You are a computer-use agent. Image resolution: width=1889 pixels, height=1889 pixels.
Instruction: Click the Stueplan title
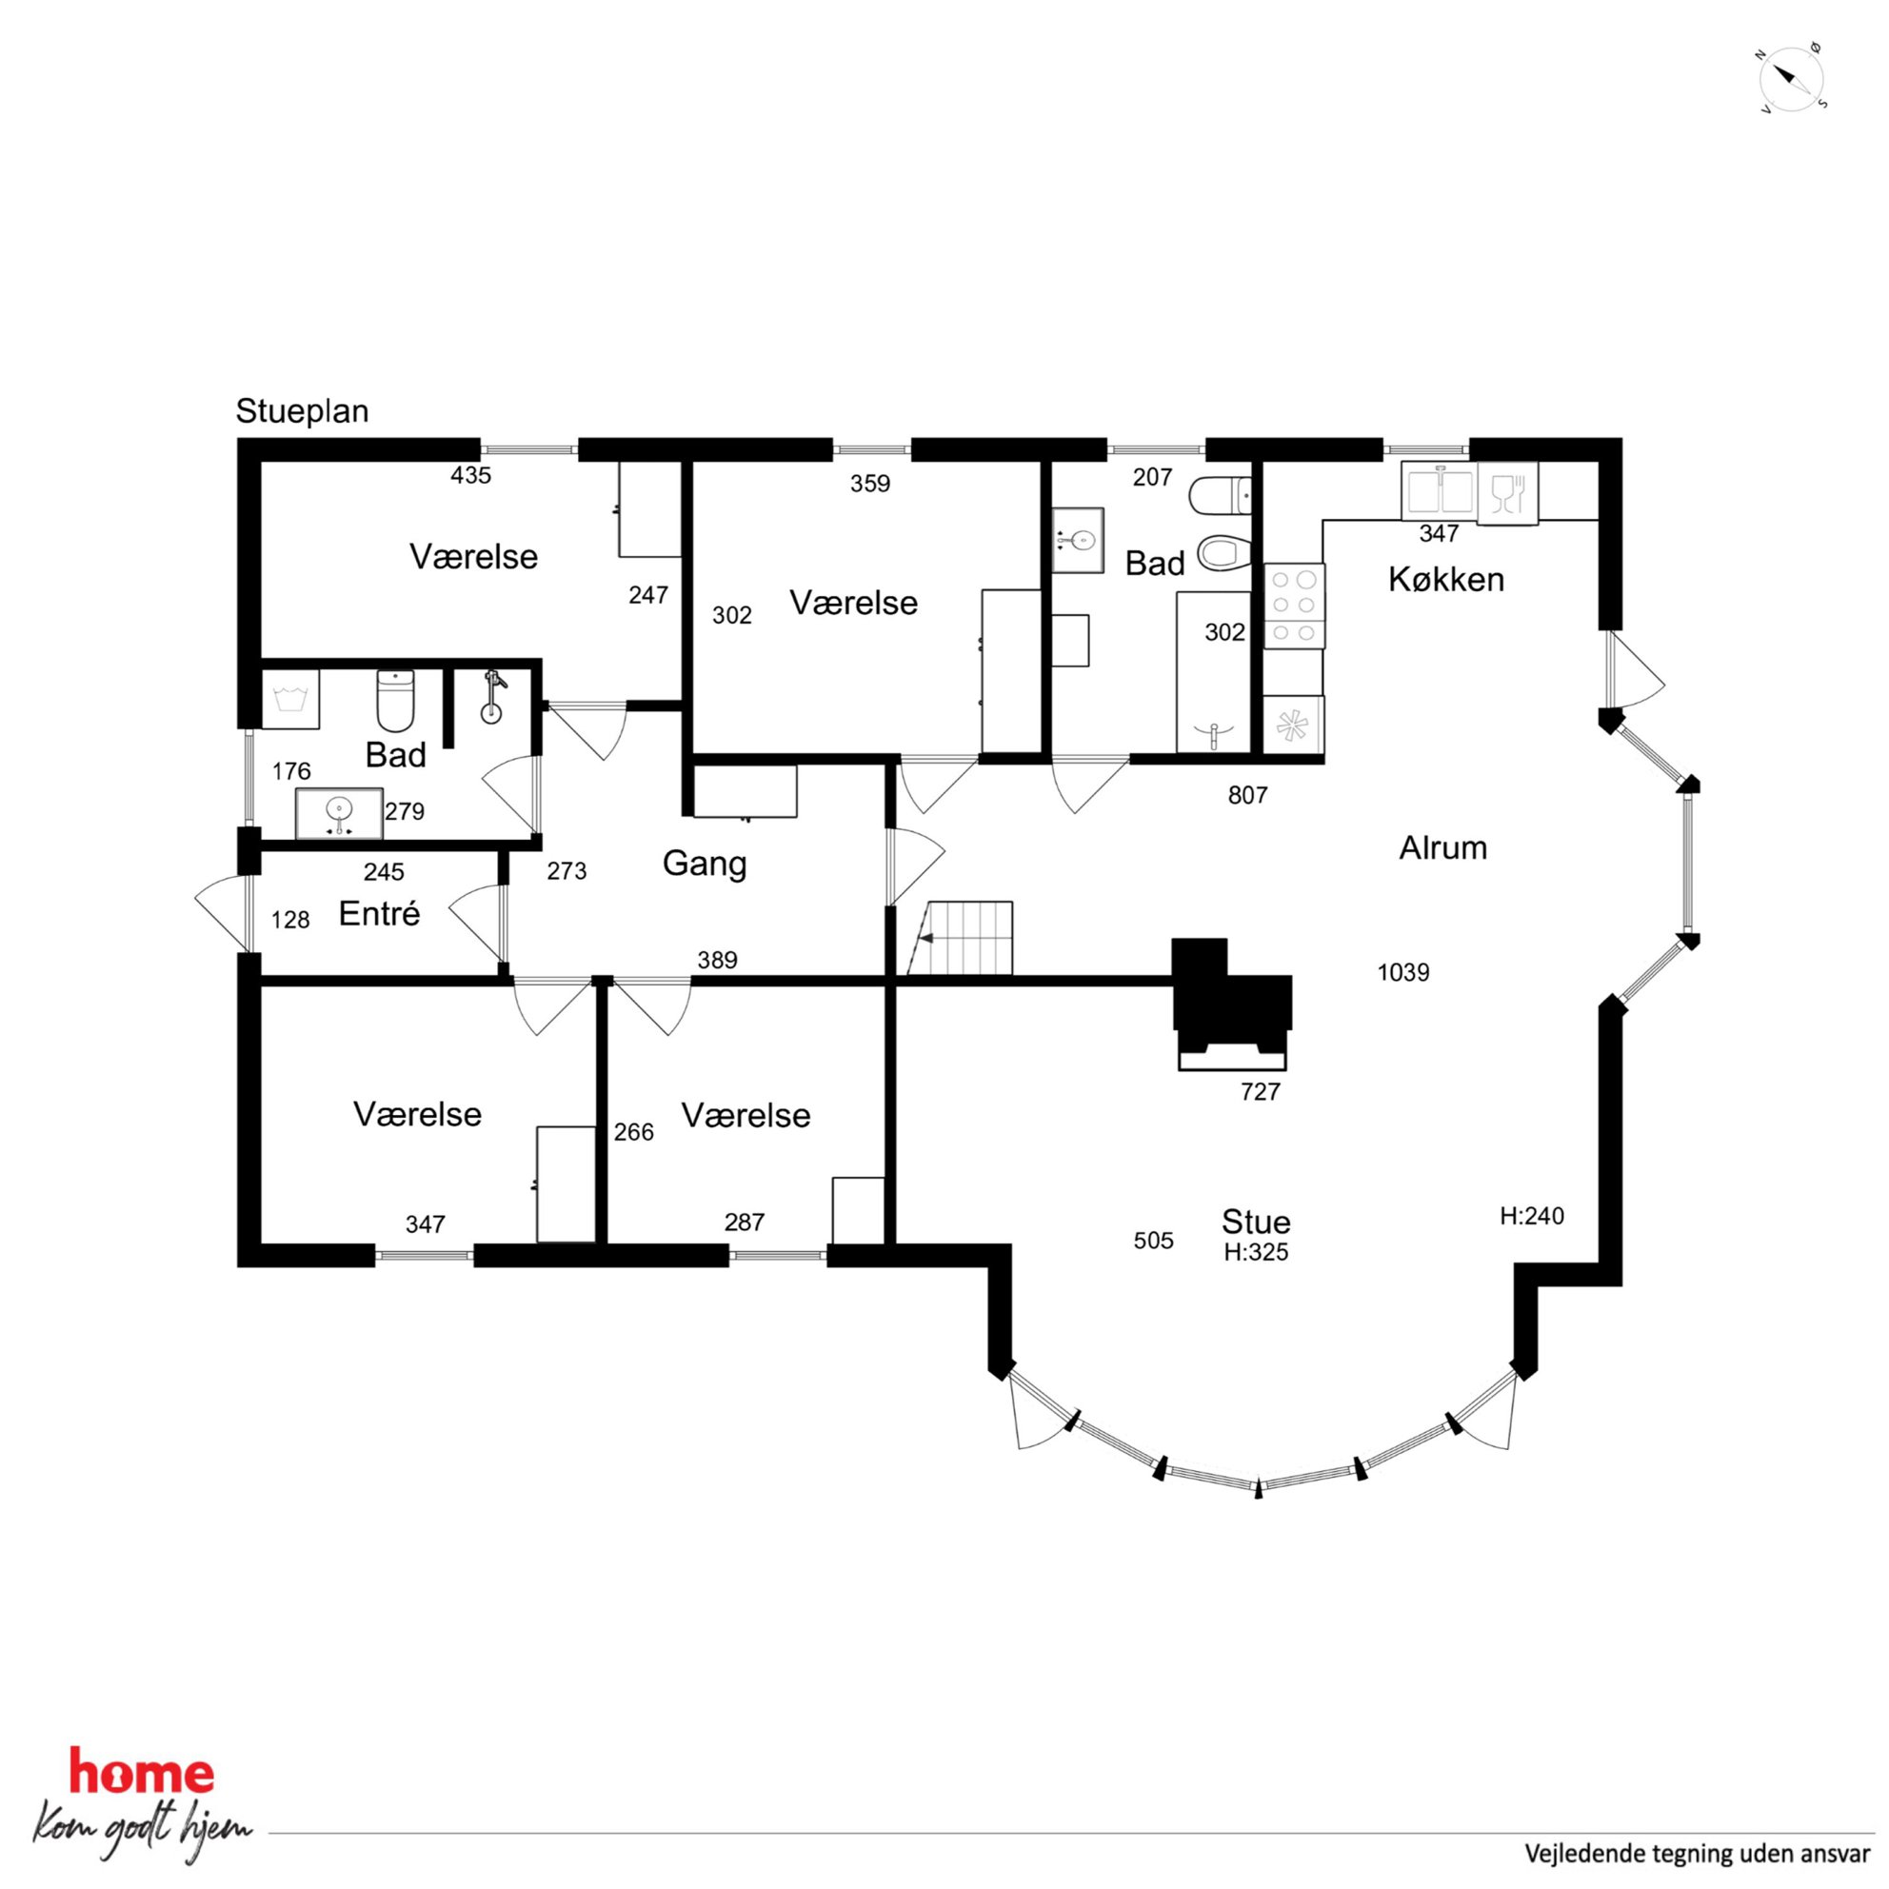tap(302, 411)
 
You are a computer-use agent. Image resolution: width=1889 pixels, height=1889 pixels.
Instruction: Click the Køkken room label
tap(1446, 580)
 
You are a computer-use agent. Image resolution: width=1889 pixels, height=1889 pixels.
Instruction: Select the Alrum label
tap(1443, 847)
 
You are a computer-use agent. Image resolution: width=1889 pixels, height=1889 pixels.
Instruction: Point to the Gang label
tap(704, 865)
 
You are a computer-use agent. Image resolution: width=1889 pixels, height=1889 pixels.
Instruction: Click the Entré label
tap(379, 913)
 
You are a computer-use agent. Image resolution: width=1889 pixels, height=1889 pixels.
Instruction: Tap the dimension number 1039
tap(1403, 973)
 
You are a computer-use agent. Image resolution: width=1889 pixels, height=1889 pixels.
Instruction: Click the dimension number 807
tap(1247, 796)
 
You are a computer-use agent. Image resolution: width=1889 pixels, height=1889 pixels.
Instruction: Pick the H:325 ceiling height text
tap(1257, 1252)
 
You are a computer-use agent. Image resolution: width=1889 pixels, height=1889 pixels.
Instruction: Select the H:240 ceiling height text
tap(1532, 1216)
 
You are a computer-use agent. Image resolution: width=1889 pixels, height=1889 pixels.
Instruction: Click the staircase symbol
tap(961, 939)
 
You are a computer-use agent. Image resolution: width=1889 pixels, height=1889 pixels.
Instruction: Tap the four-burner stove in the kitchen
tap(1295, 606)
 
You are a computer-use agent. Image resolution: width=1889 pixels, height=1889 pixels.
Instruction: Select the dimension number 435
tap(470, 476)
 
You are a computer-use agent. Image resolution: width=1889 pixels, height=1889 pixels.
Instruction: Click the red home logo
tap(142, 1775)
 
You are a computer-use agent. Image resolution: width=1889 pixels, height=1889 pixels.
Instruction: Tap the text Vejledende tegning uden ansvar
tap(1698, 1854)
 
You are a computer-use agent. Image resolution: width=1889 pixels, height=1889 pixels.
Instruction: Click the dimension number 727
tap(1261, 1092)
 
